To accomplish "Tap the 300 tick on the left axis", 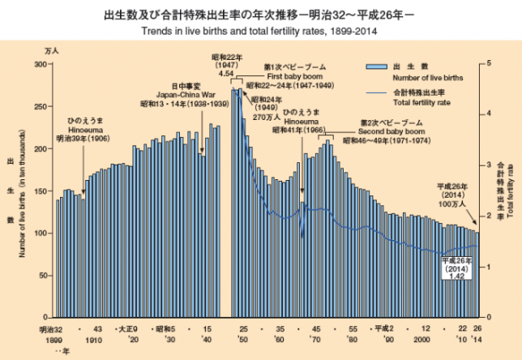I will [x=41, y=63].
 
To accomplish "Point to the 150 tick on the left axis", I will [x=41, y=190].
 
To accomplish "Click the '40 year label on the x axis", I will [x=207, y=341].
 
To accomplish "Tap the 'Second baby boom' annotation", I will [x=390, y=130].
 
